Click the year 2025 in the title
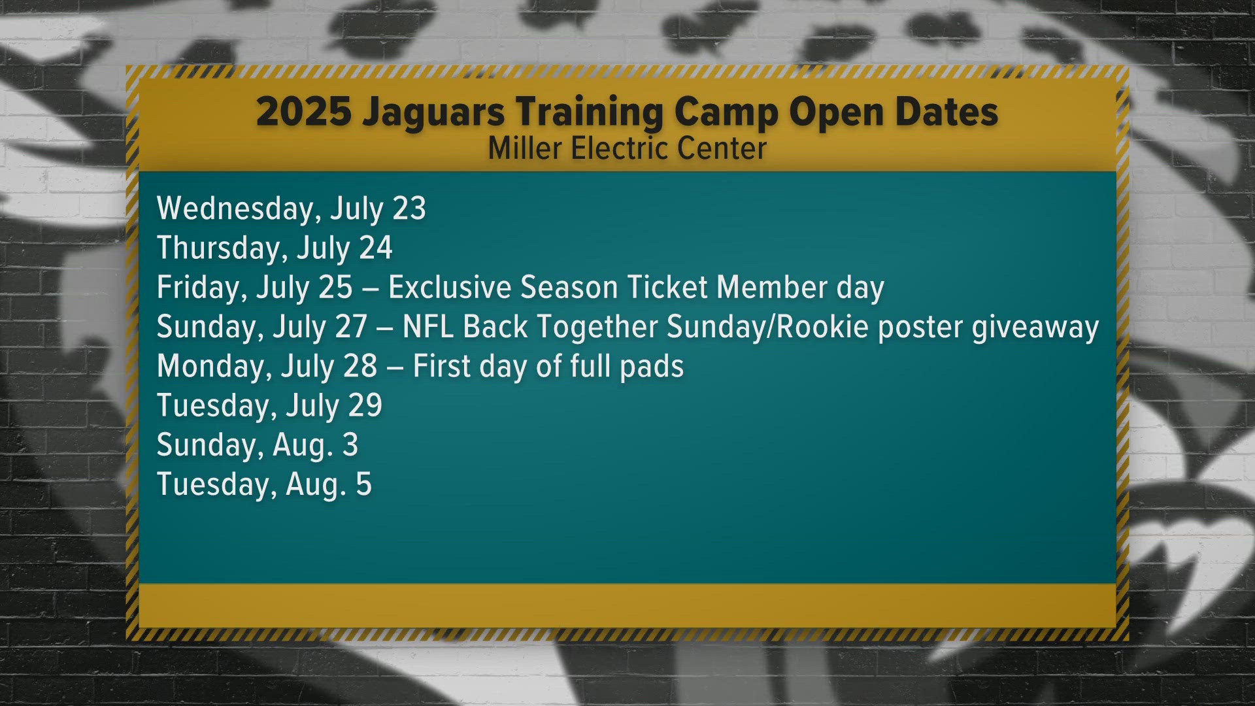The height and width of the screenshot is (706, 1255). coord(303,112)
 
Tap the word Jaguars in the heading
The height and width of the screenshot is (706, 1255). coord(433,113)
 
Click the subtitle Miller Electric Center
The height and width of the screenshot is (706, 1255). coord(627,148)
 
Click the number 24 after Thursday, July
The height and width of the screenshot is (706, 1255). coord(376,248)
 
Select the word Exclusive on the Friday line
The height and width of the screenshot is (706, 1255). coord(450,288)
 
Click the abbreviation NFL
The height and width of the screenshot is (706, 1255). coord(428,327)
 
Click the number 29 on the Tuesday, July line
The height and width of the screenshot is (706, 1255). coord(365,406)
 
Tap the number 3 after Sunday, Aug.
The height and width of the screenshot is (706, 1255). coord(350,445)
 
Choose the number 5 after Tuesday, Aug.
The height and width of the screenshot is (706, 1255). coord(363,484)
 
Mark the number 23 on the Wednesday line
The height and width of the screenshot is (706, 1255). coord(409,209)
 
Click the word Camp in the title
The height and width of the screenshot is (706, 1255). coord(726,113)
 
